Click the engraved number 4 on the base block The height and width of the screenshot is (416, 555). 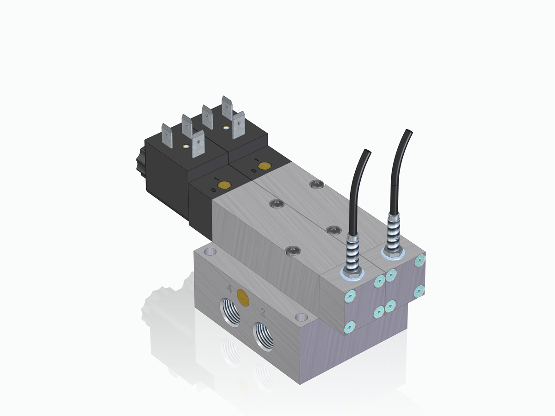pyautogui.click(x=229, y=289)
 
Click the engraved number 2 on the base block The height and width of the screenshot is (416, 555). pyautogui.click(x=263, y=313)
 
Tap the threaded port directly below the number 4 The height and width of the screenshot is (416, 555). pyautogui.click(x=230, y=312)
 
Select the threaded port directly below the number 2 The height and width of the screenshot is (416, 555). pyautogui.click(x=263, y=337)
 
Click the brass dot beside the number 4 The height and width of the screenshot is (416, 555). pyautogui.click(x=243, y=297)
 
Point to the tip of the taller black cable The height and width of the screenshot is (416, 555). pyautogui.click(x=409, y=131)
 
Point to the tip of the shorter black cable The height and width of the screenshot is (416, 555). pyautogui.click(x=368, y=151)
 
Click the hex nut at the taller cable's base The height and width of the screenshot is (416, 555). pyautogui.click(x=393, y=252)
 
